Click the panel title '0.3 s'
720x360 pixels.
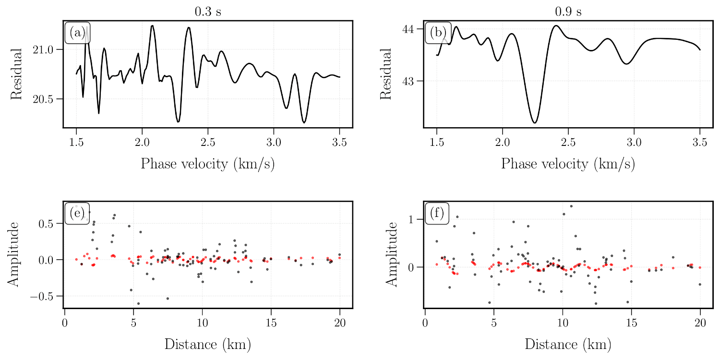point(208,12)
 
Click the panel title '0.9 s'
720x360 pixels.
point(568,12)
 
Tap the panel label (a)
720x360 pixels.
point(77,33)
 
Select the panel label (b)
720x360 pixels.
point(437,33)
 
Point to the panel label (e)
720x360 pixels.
point(77,213)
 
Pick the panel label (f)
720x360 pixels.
point(437,213)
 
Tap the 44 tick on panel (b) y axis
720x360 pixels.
point(409,29)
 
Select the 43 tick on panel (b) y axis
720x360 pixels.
point(409,81)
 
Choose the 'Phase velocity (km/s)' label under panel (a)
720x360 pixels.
point(208,164)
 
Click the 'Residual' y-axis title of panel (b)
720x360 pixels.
point(386,74)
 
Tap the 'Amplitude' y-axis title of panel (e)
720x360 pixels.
point(14,254)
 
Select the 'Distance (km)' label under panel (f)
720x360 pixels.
point(568,344)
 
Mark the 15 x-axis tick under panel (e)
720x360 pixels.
point(271,323)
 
